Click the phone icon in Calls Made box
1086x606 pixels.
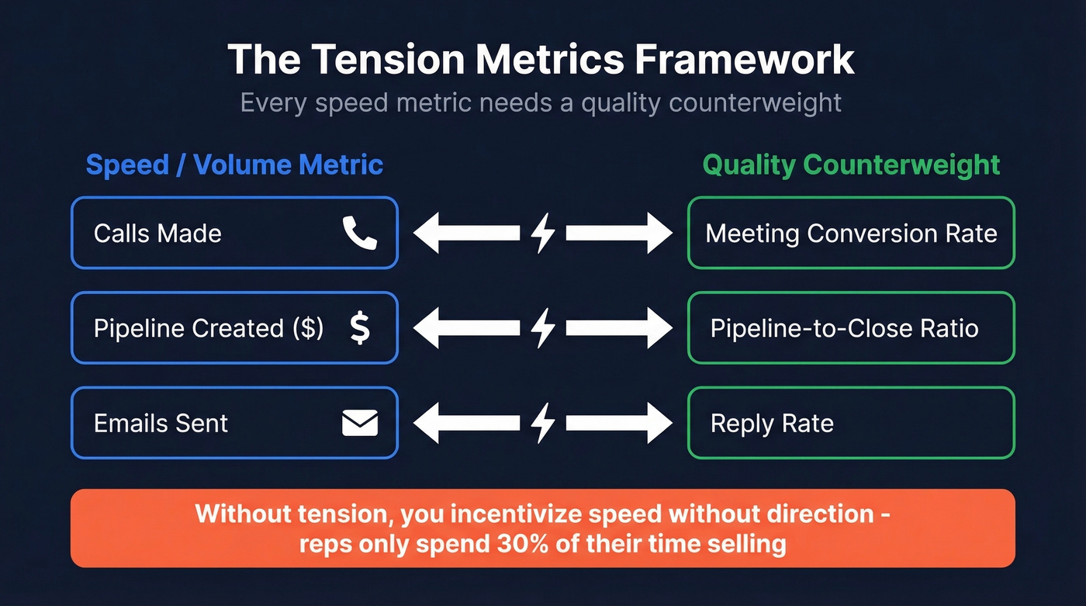360,233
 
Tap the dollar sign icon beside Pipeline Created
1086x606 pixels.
359,328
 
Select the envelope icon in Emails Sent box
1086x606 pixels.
360,423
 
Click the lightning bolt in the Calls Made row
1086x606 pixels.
543,233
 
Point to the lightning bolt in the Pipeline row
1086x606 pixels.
543,328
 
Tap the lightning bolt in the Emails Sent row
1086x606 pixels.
543,423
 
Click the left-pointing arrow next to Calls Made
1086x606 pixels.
465,233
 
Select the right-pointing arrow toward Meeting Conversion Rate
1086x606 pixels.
619,233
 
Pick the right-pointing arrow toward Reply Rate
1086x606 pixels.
619,423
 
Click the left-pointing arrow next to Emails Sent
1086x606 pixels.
465,423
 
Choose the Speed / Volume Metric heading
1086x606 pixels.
234,164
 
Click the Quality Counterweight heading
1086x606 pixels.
851,164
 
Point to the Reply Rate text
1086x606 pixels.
772,424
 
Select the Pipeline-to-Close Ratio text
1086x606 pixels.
844,328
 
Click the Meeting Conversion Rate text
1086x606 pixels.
851,234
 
